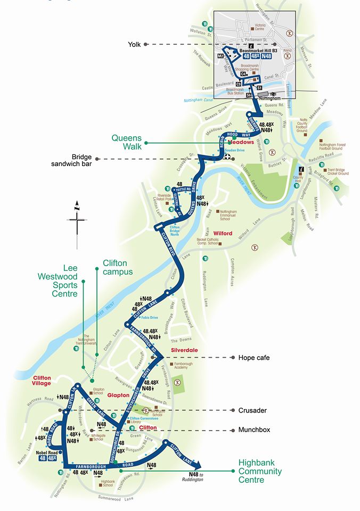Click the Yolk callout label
pyautogui.click(x=134, y=44)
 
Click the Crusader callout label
pyautogui.click(x=252, y=410)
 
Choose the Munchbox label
pyautogui.click(x=255, y=428)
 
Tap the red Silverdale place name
pyautogui.click(x=184, y=350)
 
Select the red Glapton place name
pyautogui.click(x=118, y=395)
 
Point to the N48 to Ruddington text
pyautogui.click(x=196, y=476)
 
